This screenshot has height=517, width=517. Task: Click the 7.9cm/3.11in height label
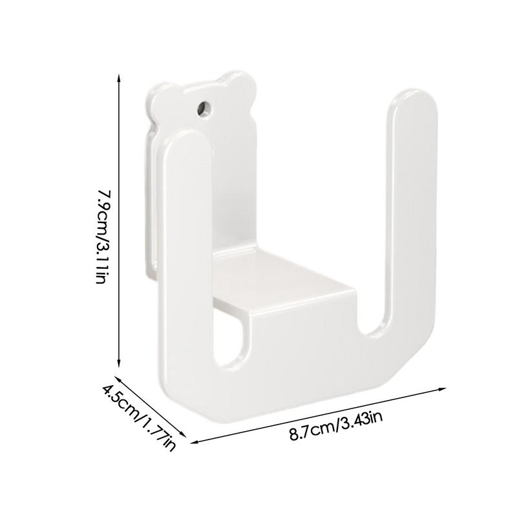click(105, 237)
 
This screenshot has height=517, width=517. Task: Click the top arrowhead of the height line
click(119, 76)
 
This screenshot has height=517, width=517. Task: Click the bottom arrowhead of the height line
click(119, 366)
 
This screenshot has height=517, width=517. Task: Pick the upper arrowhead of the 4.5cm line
click(117, 377)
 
